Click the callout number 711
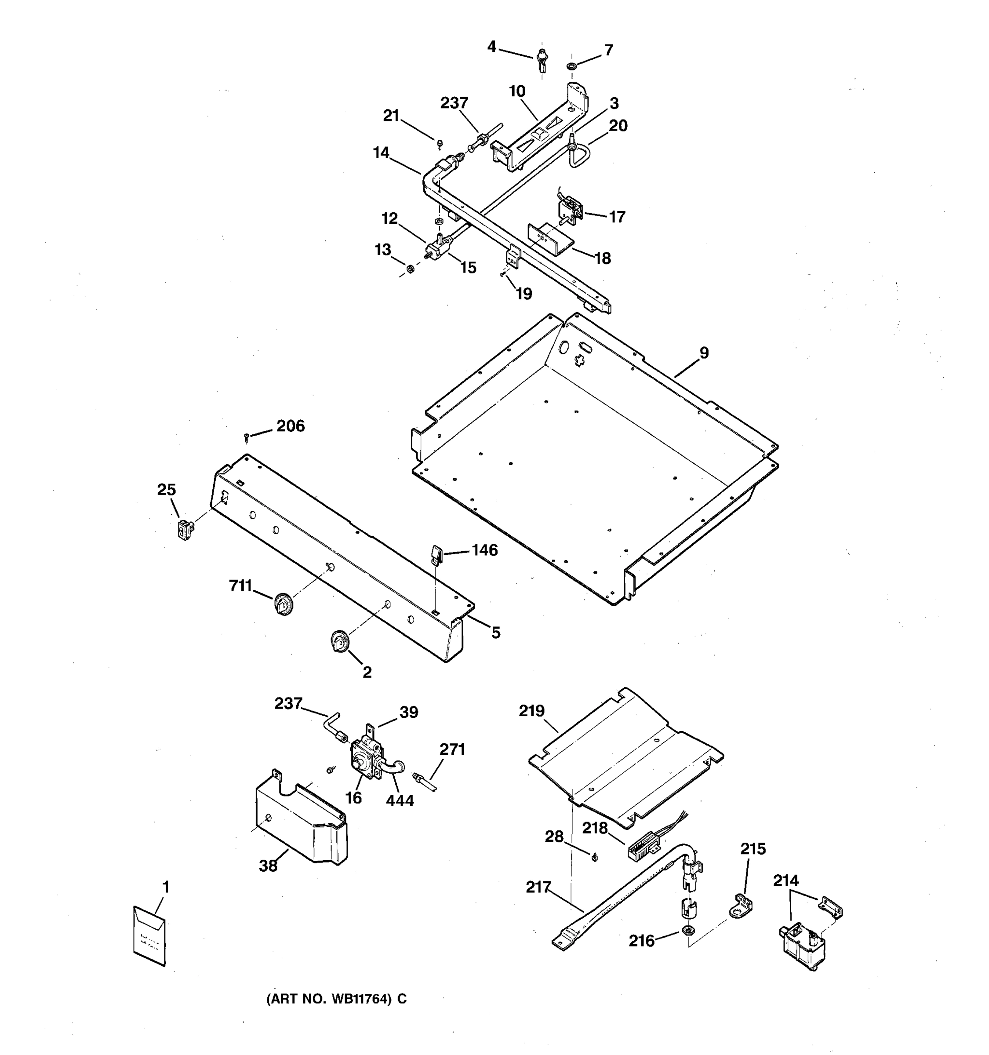point(240,586)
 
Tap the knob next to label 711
point(284,604)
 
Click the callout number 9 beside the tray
point(704,353)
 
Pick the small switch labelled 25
point(185,530)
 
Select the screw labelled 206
point(247,437)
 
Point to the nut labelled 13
point(410,269)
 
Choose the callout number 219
point(531,710)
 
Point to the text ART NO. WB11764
point(336,999)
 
